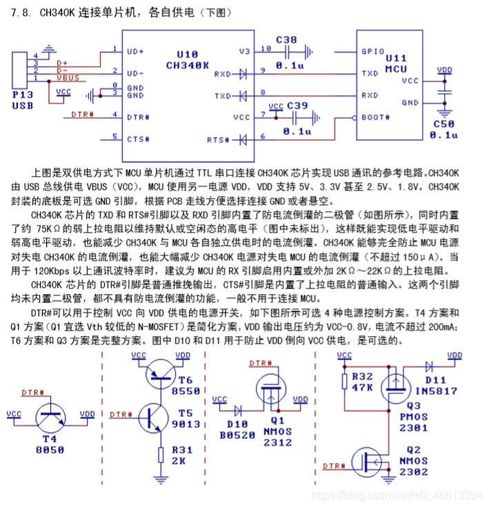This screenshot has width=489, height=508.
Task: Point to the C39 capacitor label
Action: point(297,105)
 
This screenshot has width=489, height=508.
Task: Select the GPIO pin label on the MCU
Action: point(373,51)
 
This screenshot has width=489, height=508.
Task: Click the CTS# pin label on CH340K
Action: point(139,139)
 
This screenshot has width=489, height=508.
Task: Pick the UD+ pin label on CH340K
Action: point(136,51)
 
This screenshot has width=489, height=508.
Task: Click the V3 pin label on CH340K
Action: point(245,51)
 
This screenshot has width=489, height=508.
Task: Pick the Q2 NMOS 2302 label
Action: point(414,462)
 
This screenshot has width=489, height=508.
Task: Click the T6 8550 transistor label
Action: point(186,384)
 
